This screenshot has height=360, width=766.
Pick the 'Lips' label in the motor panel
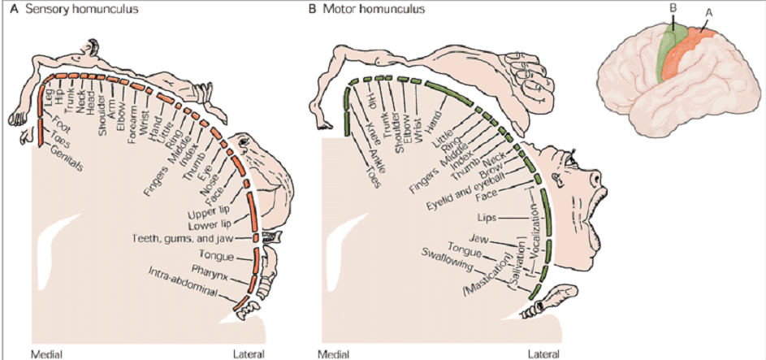(x=488, y=218)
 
